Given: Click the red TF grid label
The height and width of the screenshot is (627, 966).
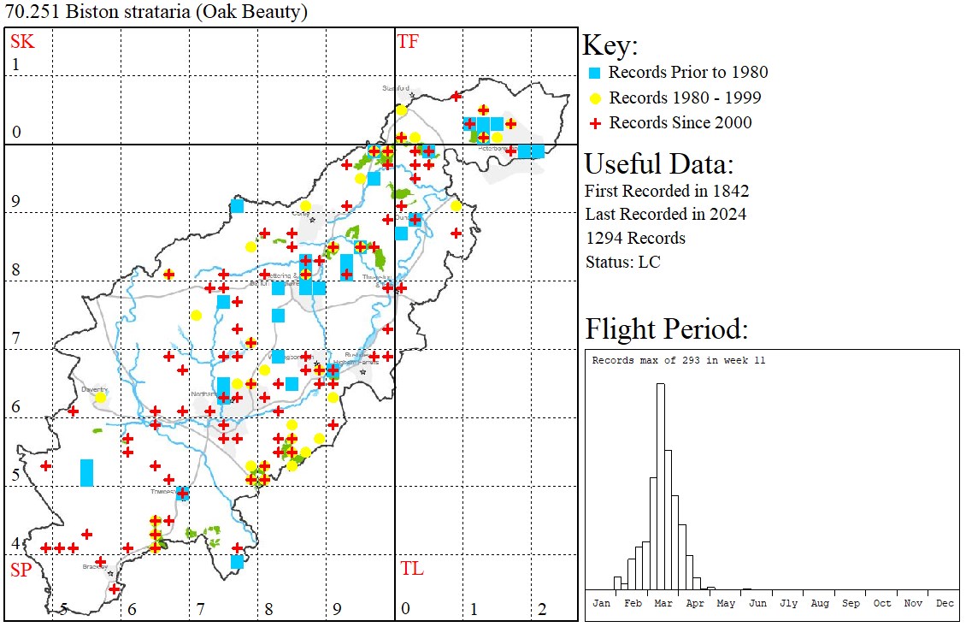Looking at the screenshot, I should click(x=408, y=41).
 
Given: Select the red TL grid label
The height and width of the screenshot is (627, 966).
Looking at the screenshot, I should click(x=411, y=569).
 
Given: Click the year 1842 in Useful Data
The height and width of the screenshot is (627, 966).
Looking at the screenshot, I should click(x=729, y=190).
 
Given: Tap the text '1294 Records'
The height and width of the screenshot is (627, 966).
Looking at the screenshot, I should click(x=635, y=238).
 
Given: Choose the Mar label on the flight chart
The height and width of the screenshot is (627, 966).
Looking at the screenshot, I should click(x=663, y=603).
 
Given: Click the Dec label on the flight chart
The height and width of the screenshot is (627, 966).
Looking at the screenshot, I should click(x=944, y=603).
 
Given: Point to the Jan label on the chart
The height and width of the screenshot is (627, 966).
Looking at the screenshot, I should click(x=602, y=603).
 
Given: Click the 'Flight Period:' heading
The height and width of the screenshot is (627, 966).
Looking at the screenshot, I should click(x=667, y=328).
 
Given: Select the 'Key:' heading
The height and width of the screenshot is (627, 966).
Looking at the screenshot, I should click(x=610, y=45).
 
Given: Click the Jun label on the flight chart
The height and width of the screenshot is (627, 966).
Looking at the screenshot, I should click(x=757, y=603).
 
